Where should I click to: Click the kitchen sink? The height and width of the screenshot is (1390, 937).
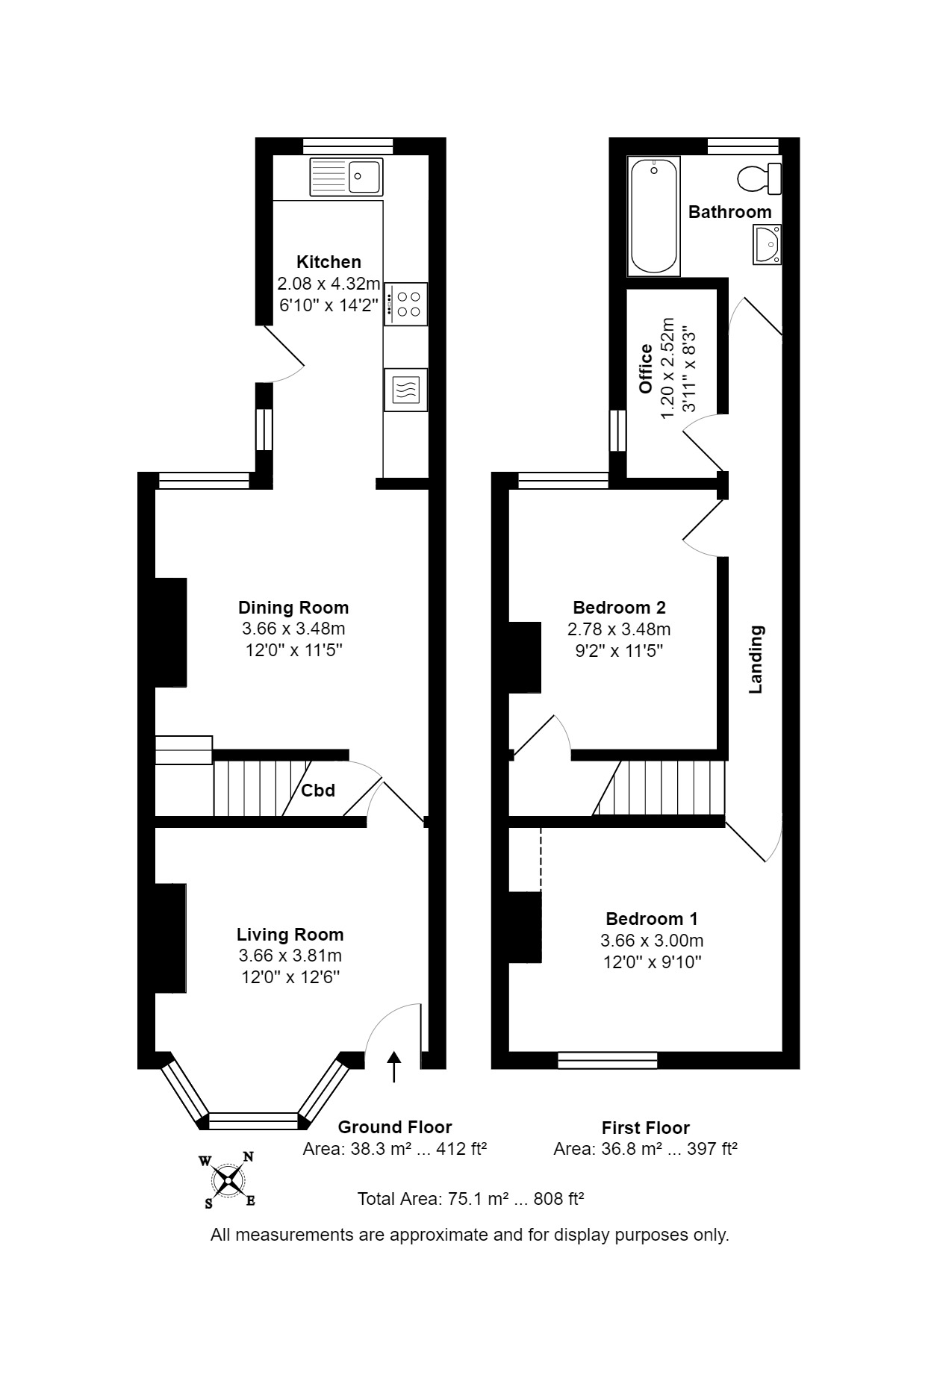346,177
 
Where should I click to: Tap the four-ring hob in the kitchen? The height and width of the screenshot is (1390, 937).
406,304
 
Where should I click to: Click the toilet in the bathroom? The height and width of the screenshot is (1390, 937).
759,178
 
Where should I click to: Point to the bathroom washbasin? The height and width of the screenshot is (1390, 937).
767,245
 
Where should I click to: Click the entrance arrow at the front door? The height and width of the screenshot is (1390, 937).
394,1067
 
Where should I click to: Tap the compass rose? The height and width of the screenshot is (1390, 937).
228,1180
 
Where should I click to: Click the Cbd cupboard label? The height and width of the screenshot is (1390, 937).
318,790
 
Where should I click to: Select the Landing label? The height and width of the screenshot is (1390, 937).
756,660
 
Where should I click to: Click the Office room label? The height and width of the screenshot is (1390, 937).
646,369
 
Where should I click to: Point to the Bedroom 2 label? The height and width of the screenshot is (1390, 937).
619,607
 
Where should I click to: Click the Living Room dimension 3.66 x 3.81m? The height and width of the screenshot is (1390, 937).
290,956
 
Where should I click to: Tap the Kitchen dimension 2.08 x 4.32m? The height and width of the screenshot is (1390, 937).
329,284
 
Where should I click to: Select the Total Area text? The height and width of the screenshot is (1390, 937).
470,1200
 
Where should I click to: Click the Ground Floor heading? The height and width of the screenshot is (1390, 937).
395,1127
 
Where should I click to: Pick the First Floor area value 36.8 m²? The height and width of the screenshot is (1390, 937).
632,1150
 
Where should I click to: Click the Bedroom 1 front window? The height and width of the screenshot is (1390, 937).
608,1060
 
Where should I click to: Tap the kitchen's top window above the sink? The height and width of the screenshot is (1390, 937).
348,146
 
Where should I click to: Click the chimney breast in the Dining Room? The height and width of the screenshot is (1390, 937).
170,632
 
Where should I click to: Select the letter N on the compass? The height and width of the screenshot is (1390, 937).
248,1158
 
